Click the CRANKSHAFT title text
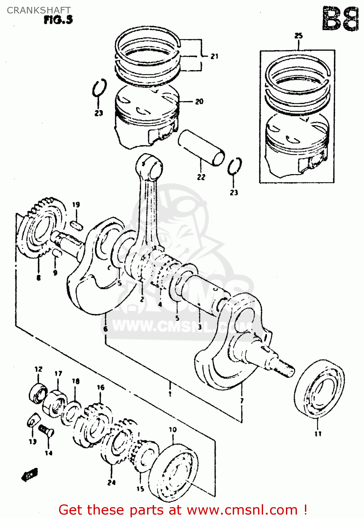39,10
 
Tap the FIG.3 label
58,20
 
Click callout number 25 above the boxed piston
298,36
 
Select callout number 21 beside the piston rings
214,56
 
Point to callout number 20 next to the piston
199,102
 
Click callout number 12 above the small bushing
38,369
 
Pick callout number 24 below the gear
111,482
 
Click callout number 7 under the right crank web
242,401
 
